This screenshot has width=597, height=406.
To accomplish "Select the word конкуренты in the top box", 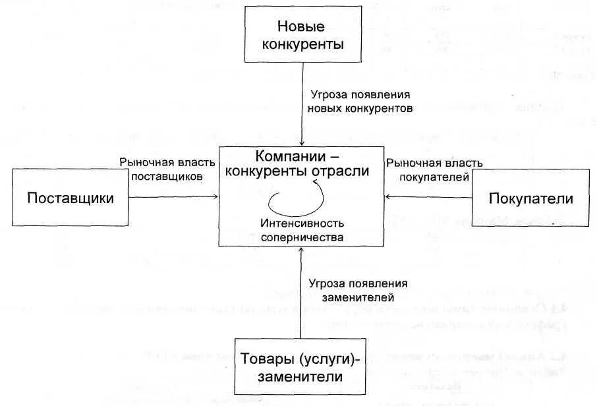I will [302, 44].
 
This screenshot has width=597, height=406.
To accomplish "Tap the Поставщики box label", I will [71, 198].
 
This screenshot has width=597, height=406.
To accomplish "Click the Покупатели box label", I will [530, 198].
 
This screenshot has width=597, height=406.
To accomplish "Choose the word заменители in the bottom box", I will [301, 378].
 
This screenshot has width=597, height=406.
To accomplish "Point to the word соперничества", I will [301, 235].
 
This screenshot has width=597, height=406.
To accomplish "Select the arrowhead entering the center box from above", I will [302, 143].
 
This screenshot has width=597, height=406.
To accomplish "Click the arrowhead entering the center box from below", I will [301, 252].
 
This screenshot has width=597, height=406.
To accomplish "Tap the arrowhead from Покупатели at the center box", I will [387, 196].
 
